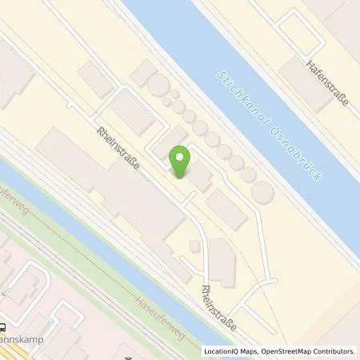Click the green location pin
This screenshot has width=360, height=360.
(182, 162)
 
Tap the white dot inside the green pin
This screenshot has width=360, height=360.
(182, 157)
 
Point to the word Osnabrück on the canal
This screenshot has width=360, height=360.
(296, 152)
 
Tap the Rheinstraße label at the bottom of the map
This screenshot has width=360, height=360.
(218, 307)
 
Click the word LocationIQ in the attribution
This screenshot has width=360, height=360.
(222, 351)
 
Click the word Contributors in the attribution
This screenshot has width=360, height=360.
(334, 351)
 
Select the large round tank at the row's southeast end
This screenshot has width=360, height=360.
(263, 192)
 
